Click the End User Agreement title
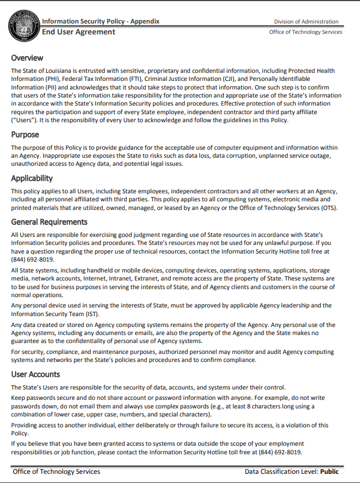tap(79, 32)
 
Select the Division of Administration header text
tap(306, 22)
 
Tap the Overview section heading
tap(27, 58)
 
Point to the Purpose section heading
tap(25, 135)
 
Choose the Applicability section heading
tap(32, 178)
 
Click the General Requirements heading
tap(49, 222)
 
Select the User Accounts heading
tap(36, 375)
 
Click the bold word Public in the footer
tap(330, 472)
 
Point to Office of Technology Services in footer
tap(56, 472)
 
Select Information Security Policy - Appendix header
tap(100, 21)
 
